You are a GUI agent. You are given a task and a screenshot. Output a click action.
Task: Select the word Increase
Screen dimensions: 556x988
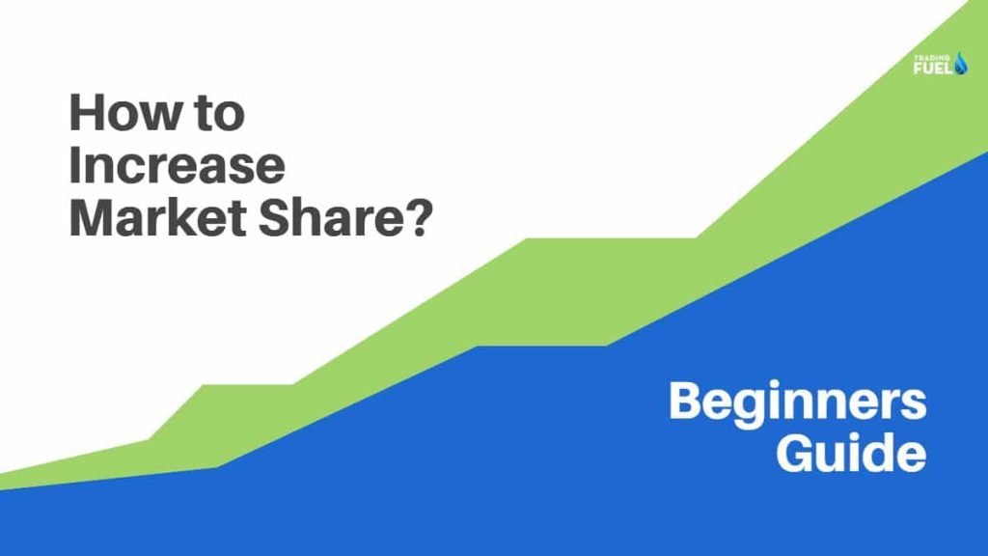177,167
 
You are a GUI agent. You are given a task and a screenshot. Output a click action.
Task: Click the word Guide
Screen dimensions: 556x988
851,453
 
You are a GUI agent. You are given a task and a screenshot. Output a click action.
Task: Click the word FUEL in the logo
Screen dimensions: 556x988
932,69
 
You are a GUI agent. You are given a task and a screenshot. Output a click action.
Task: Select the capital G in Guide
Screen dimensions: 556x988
798,453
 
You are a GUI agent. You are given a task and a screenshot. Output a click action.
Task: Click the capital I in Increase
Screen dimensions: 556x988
74,167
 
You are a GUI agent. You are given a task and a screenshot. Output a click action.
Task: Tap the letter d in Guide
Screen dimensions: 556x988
881,452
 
